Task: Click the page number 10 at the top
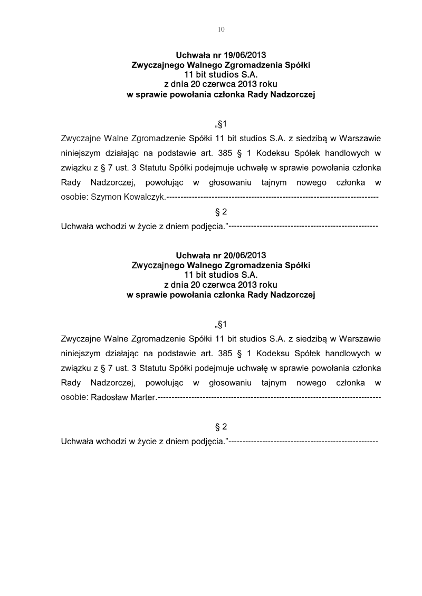(x=221, y=30)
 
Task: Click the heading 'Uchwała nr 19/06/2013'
(x=221, y=55)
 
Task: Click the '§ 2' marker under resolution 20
(x=221, y=426)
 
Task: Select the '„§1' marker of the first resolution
(x=220, y=125)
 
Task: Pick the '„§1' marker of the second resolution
(x=220, y=323)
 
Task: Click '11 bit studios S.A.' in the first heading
(x=221, y=75)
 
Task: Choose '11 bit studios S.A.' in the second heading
(x=221, y=276)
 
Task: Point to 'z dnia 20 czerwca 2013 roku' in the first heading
(x=221, y=85)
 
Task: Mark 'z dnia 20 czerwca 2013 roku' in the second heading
(x=221, y=286)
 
